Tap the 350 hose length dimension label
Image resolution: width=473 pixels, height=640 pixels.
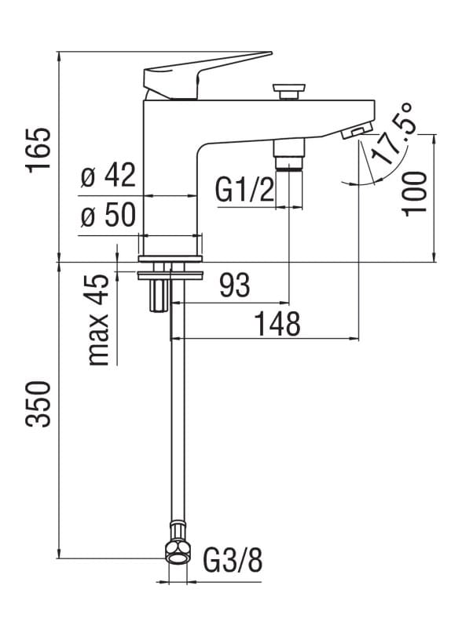click(38, 404)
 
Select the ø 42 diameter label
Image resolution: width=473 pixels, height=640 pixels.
click(108, 177)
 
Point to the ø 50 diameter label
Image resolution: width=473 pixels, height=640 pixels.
click(108, 216)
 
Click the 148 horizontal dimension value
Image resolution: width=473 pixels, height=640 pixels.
click(277, 323)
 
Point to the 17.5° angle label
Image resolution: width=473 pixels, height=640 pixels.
click(395, 134)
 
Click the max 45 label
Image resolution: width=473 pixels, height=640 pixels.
click(99, 320)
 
